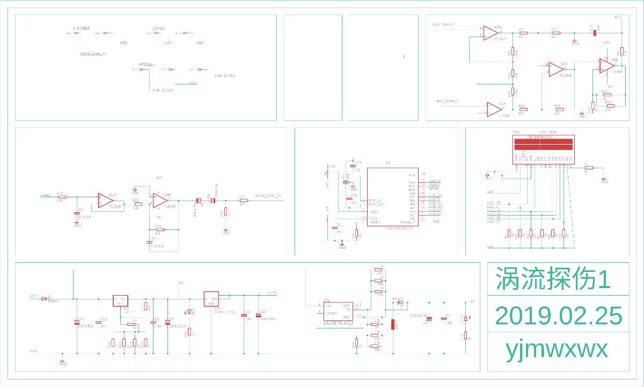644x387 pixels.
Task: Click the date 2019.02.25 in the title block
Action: [x=558, y=316]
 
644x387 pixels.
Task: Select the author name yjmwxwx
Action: [x=557, y=350]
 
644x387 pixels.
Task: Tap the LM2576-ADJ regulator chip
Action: [x=338, y=312]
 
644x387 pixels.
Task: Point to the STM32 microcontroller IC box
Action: [x=392, y=197]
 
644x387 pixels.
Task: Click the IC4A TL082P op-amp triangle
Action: [x=105, y=200]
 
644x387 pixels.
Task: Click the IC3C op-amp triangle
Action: [x=555, y=69]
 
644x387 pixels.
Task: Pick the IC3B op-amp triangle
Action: [x=607, y=66]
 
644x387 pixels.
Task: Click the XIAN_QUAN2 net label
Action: [x=225, y=76]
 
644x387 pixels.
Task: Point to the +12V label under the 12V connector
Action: [x=167, y=42]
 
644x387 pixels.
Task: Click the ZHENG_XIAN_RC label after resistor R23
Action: [x=268, y=195]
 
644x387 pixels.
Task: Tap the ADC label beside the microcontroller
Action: [x=436, y=221]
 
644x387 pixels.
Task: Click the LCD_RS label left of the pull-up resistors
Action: [x=494, y=203]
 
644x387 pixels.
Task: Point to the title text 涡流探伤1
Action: [x=553, y=279]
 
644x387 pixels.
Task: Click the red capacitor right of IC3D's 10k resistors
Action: [x=595, y=33]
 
